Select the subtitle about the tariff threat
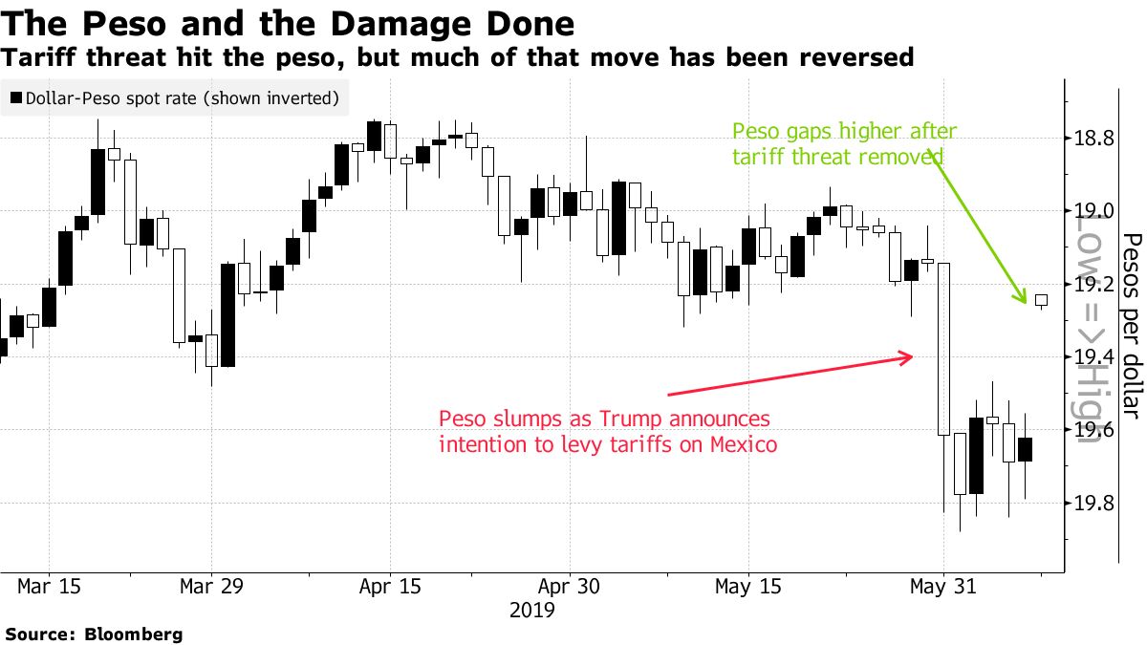pyautogui.click(x=457, y=58)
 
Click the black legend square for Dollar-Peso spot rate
pyautogui.click(x=15, y=97)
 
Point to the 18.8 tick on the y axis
pyautogui.click(x=1093, y=139)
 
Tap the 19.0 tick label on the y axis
pyautogui.click(x=1093, y=211)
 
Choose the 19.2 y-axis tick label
pyautogui.click(x=1093, y=285)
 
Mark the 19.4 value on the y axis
pyautogui.click(x=1093, y=357)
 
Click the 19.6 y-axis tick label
pyautogui.click(x=1093, y=430)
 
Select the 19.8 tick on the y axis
pyautogui.click(x=1093, y=504)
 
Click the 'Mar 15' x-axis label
pyautogui.click(x=50, y=585)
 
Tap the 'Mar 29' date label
pyautogui.click(x=210, y=585)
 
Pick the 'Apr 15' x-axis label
pyautogui.click(x=390, y=585)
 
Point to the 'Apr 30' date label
pyautogui.click(x=570, y=585)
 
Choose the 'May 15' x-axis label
pyautogui.click(x=748, y=585)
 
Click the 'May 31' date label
pyautogui.click(x=943, y=585)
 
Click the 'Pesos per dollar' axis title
pyautogui.click(x=1131, y=325)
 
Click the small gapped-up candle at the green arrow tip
pyautogui.click(x=1041, y=300)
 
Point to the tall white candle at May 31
pyautogui.click(x=943, y=349)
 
